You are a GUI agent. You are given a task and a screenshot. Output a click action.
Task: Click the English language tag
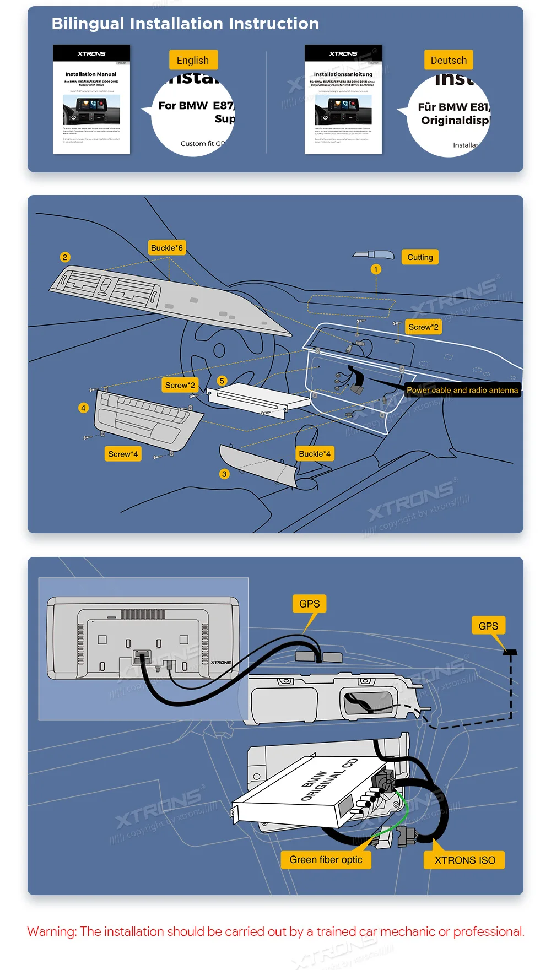[x=193, y=60]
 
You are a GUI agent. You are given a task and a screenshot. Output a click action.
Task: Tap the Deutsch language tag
[x=449, y=60]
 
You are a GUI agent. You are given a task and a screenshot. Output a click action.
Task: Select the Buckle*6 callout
[x=166, y=248]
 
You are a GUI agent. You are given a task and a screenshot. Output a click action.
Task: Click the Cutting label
[x=420, y=257]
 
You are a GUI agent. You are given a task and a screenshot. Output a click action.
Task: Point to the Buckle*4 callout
[x=315, y=454]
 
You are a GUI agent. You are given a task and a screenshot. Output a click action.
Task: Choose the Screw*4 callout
[x=123, y=454]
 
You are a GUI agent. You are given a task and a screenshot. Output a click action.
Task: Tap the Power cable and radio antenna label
[x=462, y=390]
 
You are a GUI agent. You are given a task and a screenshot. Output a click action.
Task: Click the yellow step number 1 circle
[x=376, y=269]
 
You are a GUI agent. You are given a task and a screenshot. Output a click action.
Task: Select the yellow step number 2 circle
[x=65, y=257]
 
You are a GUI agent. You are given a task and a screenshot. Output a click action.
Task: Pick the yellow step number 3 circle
[x=224, y=474]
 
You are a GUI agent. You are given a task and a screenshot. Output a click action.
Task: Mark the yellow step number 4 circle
[x=83, y=408]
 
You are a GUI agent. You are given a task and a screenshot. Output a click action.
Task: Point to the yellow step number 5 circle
[x=222, y=381]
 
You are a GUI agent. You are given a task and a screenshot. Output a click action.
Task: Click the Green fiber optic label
[x=326, y=860]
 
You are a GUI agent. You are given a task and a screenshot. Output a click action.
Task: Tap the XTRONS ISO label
[x=464, y=860]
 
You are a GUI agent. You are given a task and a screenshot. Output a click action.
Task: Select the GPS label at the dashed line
[x=488, y=626]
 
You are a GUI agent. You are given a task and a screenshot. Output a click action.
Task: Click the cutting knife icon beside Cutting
[x=374, y=255]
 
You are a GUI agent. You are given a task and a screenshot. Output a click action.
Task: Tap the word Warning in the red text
[x=52, y=931]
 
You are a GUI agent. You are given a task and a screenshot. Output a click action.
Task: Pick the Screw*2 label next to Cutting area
[x=423, y=327]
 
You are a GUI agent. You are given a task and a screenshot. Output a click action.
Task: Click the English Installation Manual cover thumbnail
[x=91, y=99]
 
